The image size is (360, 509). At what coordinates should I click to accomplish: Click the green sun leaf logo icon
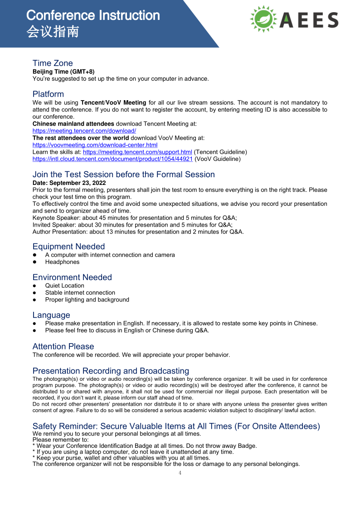(x=263, y=19)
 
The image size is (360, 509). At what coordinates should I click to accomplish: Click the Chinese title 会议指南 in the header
(x=53, y=32)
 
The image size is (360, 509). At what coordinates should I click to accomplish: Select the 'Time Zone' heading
(x=53, y=63)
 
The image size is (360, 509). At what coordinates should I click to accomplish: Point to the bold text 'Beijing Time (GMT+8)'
(x=63, y=72)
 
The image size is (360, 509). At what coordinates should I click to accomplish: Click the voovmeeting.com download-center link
(x=95, y=145)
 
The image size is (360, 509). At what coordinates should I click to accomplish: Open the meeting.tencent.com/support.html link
(x=137, y=152)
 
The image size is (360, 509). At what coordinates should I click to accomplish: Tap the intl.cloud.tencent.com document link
(x=112, y=159)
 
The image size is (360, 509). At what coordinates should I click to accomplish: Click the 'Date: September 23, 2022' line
(x=69, y=183)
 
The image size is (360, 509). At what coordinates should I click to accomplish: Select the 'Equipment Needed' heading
(x=68, y=247)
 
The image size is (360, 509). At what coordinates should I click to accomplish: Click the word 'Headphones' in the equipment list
(x=62, y=262)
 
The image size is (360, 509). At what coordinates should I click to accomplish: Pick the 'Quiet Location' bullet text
(x=64, y=286)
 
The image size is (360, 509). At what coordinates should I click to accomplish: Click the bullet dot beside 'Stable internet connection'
(x=34, y=293)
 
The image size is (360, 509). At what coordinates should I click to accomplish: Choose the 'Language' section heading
(x=51, y=315)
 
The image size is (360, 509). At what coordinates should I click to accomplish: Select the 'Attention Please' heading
(x=63, y=346)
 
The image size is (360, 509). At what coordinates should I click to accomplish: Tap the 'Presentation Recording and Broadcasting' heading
(x=111, y=371)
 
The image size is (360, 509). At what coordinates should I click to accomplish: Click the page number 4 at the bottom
(x=180, y=473)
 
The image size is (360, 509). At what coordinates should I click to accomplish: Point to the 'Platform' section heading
(x=48, y=94)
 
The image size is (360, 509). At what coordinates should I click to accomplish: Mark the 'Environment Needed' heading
(x=72, y=277)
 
